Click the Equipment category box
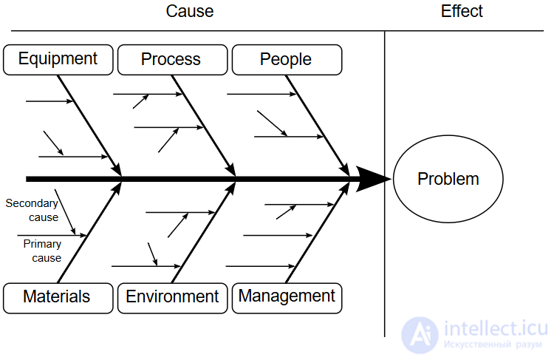58,60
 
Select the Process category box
173,60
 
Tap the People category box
287,60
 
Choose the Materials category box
58,298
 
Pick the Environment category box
173,298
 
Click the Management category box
287,298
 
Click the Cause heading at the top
190,11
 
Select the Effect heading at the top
462,11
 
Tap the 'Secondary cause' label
32,210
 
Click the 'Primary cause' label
43,251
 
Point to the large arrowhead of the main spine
373,179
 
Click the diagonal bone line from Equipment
89,126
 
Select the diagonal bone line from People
318,126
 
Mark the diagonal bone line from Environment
204,232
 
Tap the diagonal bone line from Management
318,232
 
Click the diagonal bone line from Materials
89,232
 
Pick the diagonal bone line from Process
204,126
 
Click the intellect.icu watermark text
496,328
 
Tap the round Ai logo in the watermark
420,335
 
